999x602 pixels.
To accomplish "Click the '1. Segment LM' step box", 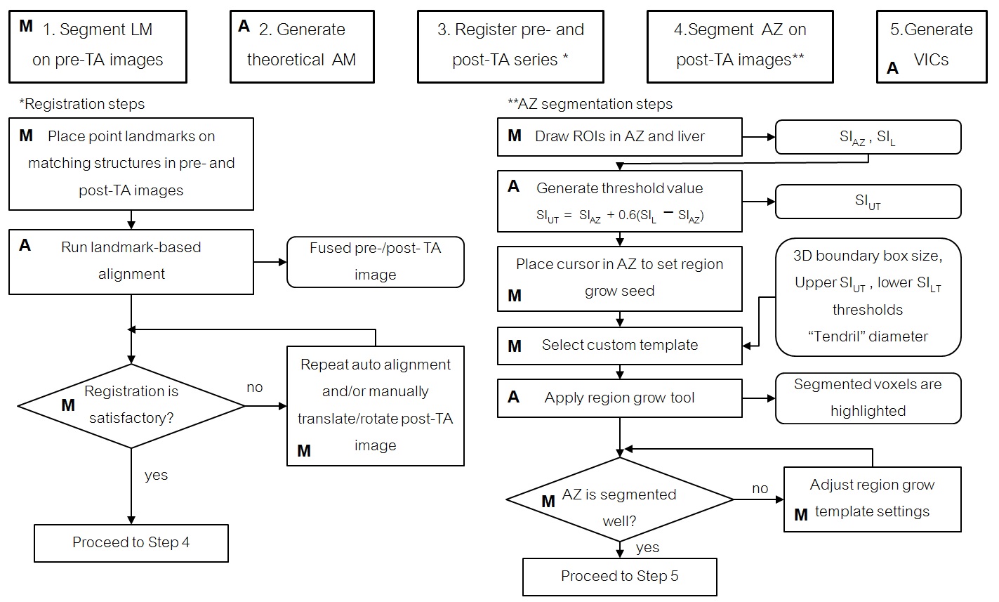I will pyautogui.click(x=98, y=46).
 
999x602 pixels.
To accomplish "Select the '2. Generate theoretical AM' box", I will pyautogui.click(x=302, y=46).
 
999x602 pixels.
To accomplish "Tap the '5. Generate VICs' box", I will pyautogui.click(x=931, y=46).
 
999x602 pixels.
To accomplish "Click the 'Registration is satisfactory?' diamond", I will pyautogui.click(x=131, y=405).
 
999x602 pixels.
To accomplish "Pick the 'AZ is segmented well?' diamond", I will pyautogui.click(x=619, y=499).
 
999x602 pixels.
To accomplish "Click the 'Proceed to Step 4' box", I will pyautogui.click(x=131, y=543).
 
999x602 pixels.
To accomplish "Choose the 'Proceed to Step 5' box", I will pyautogui.click(x=619, y=577).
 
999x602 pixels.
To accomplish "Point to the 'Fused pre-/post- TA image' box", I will pyautogui.click(x=376, y=261).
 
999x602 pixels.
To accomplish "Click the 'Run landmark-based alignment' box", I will pyautogui.click(x=131, y=261).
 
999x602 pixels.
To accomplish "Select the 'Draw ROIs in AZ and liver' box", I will pyautogui.click(x=619, y=136).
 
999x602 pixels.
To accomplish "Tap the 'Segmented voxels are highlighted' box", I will pyautogui.click(x=868, y=398).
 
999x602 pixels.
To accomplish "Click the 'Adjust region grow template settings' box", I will pyautogui.click(x=872, y=499).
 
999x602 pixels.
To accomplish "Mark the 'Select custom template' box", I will pyautogui.click(x=619, y=345).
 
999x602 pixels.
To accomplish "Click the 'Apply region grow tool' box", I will pyautogui.click(x=619, y=398).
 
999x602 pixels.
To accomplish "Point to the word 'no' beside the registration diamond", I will pyautogui.click(x=254, y=387).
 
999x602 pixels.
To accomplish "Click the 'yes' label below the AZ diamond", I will pyautogui.click(x=647, y=547).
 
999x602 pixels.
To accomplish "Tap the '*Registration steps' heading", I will pyautogui.click(x=82, y=104).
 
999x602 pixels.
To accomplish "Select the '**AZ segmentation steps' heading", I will pyautogui.click(x=590, y=104).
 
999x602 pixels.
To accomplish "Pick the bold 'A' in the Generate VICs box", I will pyautogui.click(x=892, y=68).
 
